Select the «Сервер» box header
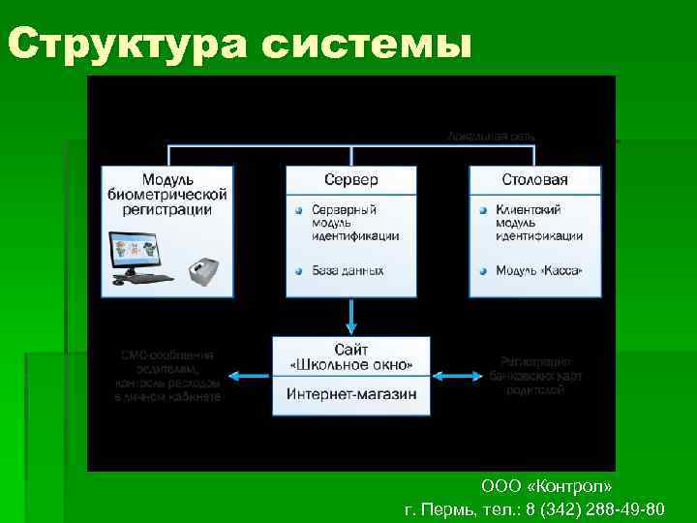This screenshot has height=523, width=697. (350, 180)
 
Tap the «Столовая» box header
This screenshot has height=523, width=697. (534, 180)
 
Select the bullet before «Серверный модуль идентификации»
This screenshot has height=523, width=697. (300, 210)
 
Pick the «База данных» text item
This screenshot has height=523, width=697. (348, 270)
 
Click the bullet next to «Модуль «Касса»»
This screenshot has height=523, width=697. (483, 270)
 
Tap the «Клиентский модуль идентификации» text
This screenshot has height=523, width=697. (538, 222)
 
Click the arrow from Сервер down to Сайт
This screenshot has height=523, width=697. (351, 316)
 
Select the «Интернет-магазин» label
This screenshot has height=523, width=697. (351, 394)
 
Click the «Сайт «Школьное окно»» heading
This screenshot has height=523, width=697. (351, 357)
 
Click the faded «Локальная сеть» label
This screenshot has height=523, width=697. (491, 137)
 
